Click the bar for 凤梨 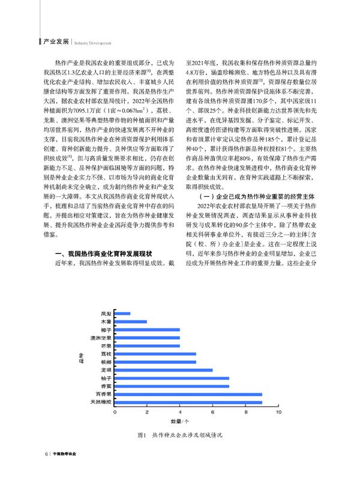click(x=122, y=313)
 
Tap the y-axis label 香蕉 click(x=106, y=386)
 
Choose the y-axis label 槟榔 click(x=106, y=363)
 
